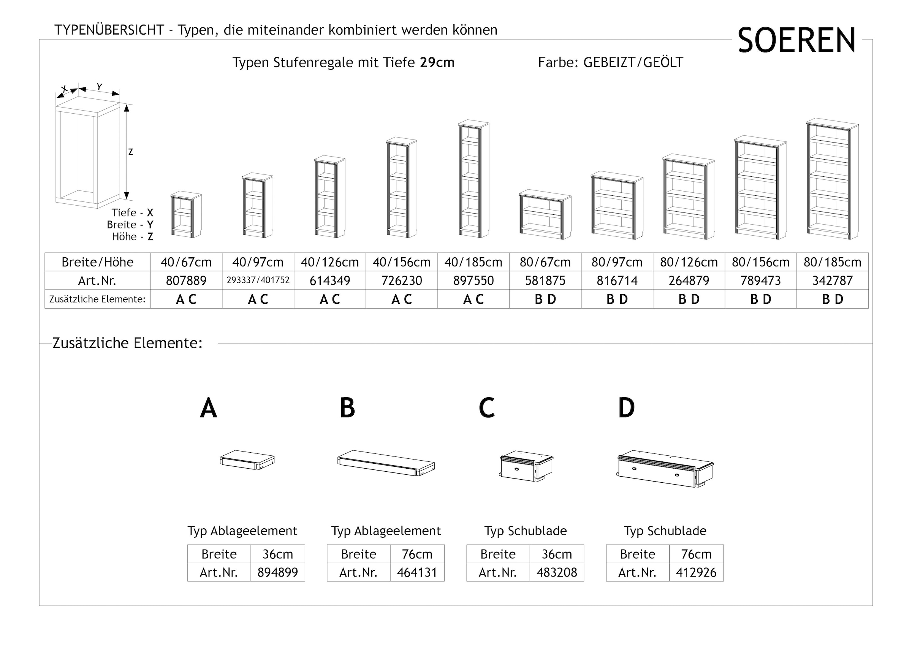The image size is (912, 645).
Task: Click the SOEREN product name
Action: coord(796,41)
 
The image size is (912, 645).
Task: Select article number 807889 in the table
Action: coord(186,281)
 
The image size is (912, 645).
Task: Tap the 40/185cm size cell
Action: coord(473,262)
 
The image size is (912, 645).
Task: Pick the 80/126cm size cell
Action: coord(689,262)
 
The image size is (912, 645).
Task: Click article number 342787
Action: coord(833,281)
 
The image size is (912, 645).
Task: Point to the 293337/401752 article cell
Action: coord(258,280)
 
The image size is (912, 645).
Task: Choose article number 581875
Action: coord(545,281)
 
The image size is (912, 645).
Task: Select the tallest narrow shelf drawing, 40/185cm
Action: coord(473,179)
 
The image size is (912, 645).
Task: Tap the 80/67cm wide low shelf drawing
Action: coord(545,215)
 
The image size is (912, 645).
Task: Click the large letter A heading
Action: coord(209,408)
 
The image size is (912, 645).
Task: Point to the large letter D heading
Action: coord(626,408)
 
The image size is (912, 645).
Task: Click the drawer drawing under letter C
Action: coord(526,466)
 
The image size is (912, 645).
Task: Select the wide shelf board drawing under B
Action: coord(386,463)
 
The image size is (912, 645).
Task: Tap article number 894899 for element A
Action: coord(278,572)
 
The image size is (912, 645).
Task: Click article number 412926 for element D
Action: coord(696,572)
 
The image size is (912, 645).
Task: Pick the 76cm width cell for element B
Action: coord(417,554)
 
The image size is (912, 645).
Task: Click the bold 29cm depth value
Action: coord(437,62)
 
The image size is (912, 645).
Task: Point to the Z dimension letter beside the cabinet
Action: coord(130,152)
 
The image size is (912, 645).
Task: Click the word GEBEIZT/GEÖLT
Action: coord(633,62)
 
